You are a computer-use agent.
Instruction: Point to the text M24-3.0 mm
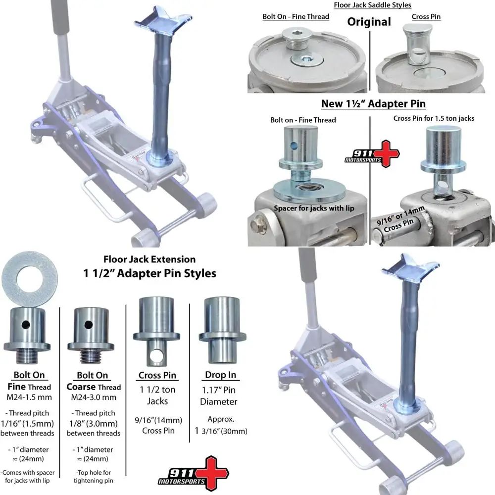93,397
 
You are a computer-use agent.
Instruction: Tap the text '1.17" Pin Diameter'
219,396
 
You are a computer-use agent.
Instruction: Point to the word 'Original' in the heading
369,22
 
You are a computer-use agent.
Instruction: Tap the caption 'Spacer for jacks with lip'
314,208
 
